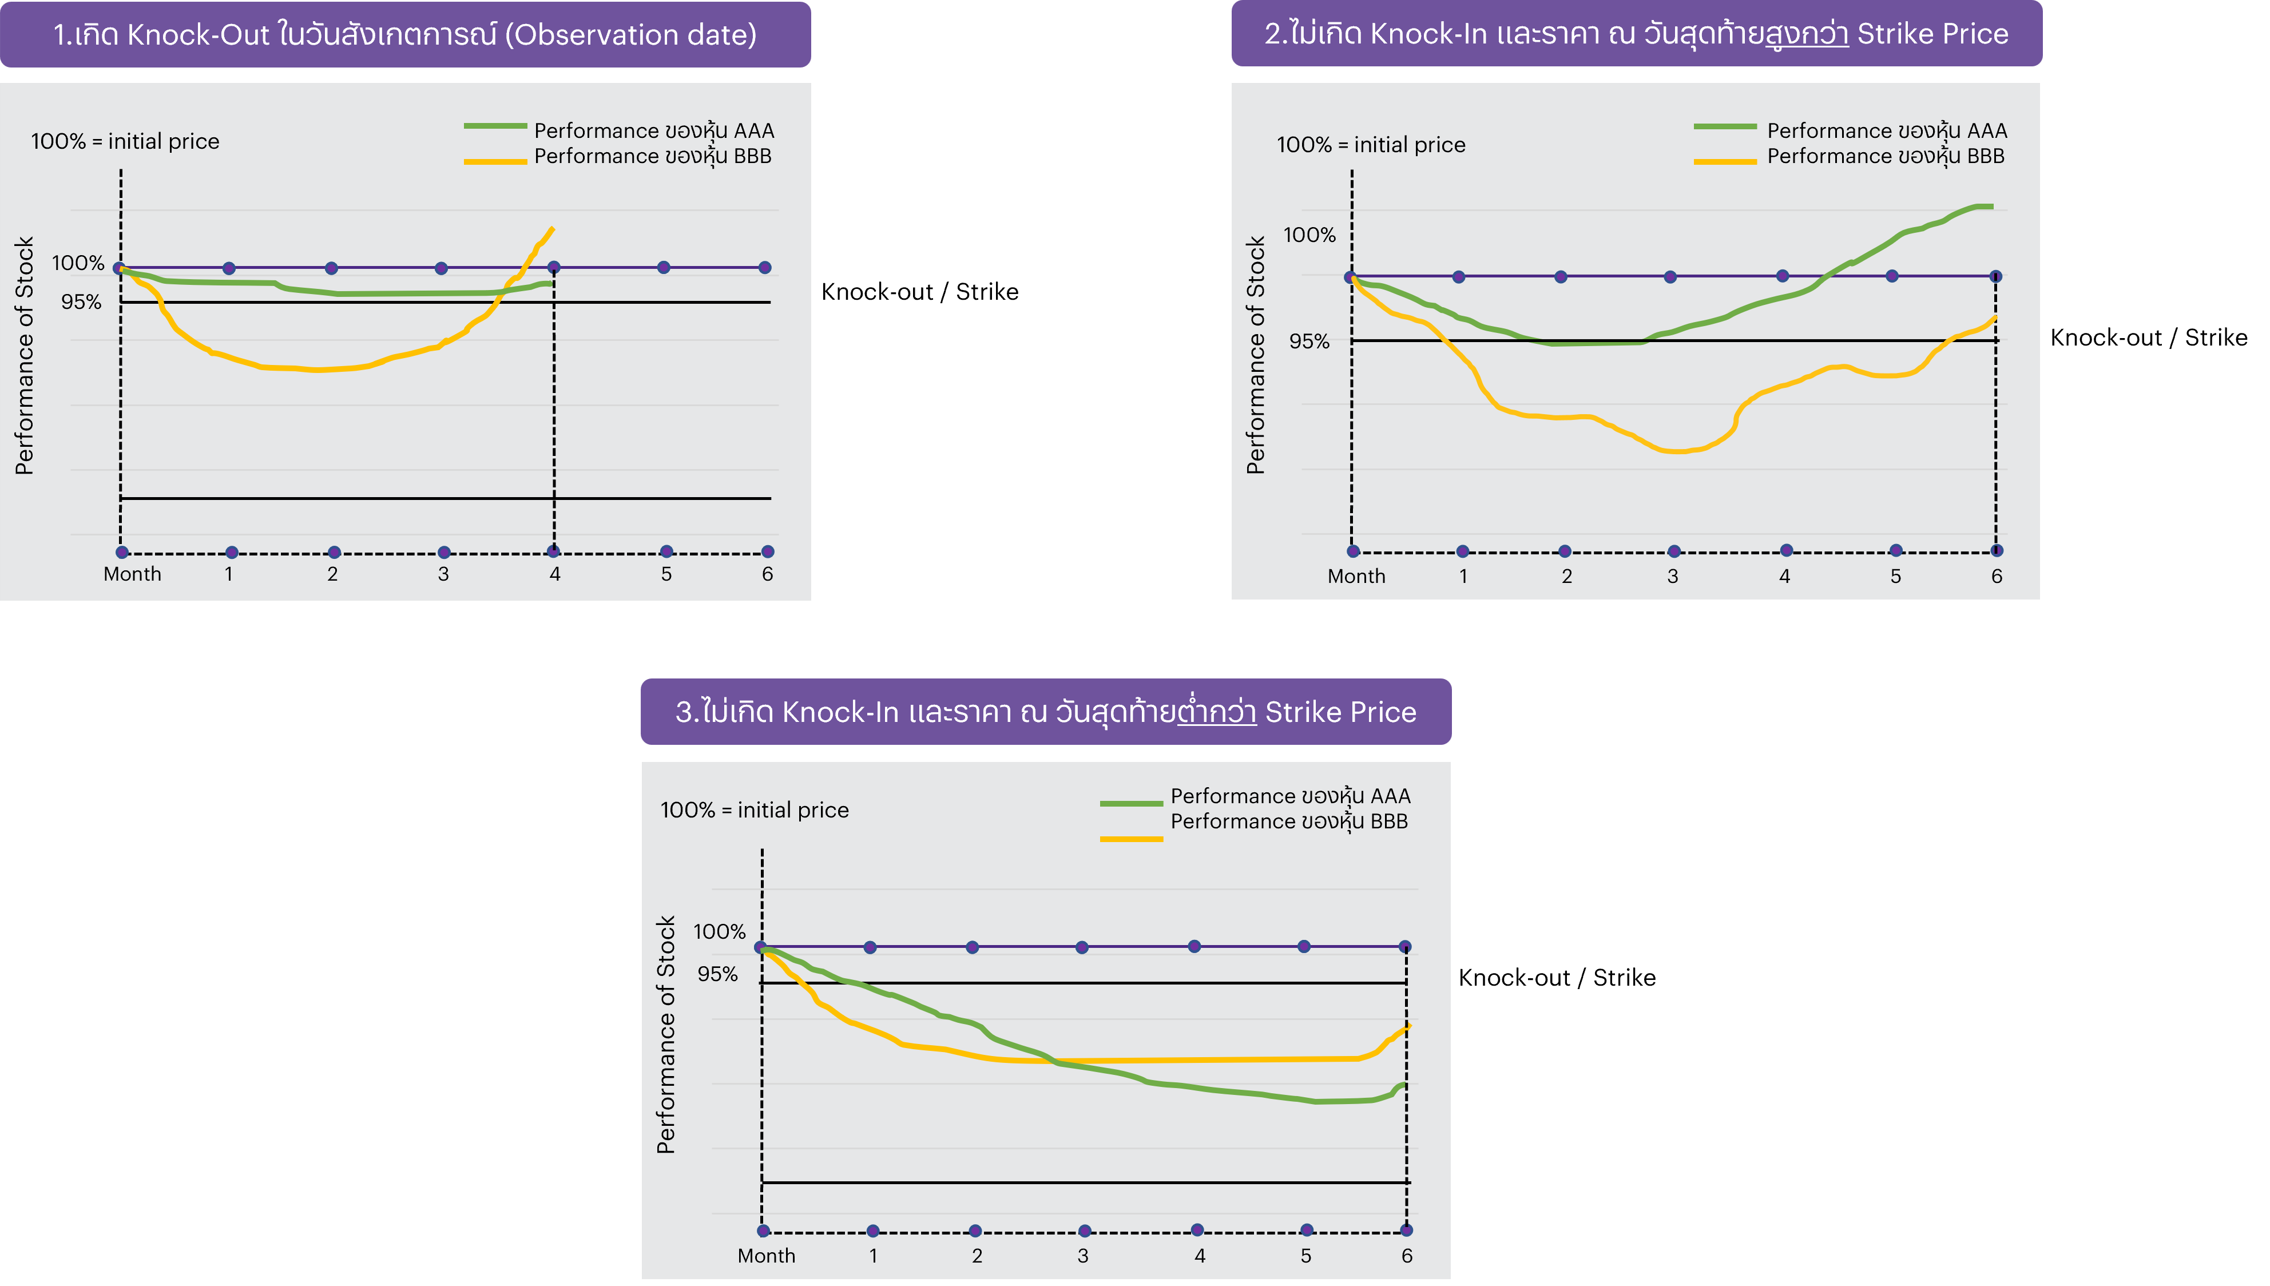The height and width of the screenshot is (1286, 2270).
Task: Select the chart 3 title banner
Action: point(1046,712)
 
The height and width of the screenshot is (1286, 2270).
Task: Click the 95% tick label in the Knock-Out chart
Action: point(81,302)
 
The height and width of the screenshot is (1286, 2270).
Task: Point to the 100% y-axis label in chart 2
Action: point(1309,235)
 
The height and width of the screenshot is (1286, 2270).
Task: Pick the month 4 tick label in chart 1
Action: point(555,574)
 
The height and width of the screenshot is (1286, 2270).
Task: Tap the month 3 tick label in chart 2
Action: point(1672,577)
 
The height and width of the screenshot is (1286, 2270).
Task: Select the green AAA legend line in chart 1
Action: point(495,127)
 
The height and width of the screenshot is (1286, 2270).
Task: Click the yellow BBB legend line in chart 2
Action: point(1724,162)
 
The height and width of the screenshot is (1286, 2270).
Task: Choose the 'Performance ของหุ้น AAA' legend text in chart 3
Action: point(1291,796)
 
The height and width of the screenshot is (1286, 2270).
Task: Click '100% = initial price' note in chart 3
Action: point(755,810)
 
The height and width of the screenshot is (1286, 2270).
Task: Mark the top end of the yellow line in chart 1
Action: point(552,229)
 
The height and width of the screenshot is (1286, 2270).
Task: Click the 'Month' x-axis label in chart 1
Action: point(133,574)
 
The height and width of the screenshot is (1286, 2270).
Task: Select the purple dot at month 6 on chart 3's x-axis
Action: point(1406,1231)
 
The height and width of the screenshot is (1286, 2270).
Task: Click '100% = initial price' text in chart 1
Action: point(125,141)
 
